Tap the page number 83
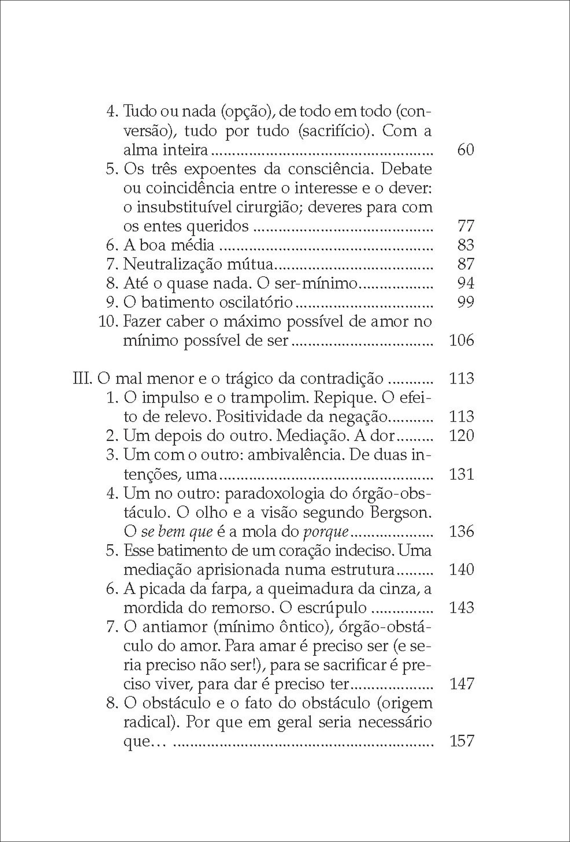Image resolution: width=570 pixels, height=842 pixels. point(466,245)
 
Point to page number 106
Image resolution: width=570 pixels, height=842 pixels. point(461,341)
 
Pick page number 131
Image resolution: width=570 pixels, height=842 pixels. point(461,474)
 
